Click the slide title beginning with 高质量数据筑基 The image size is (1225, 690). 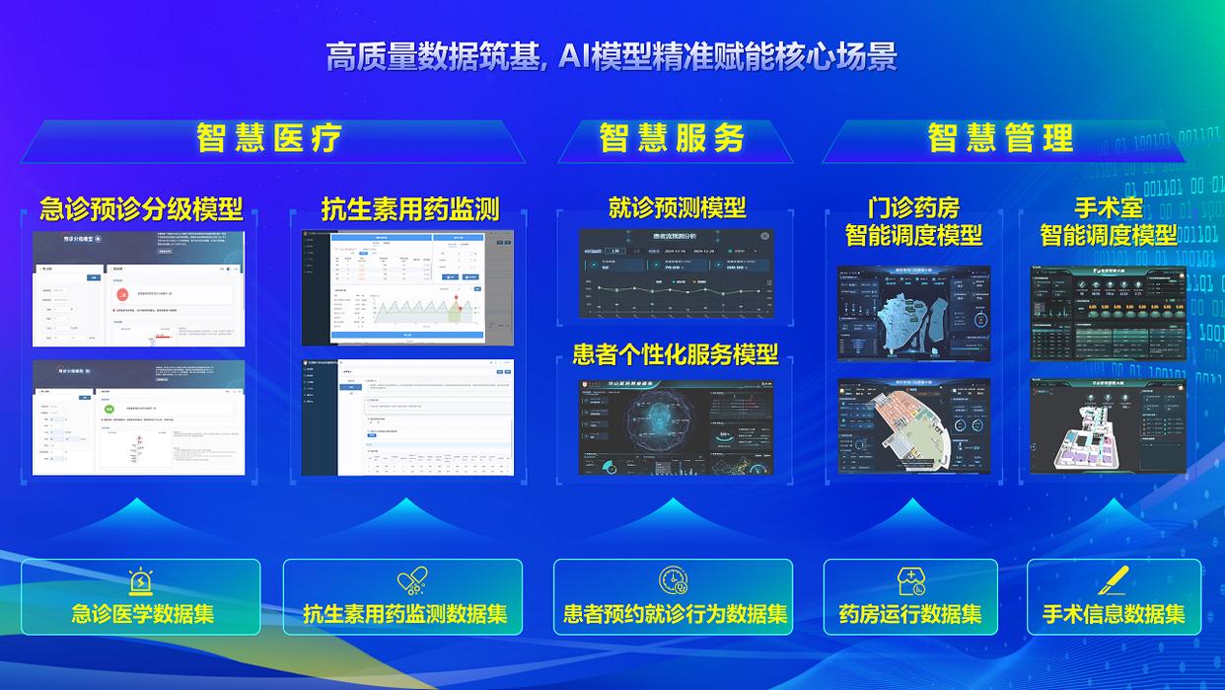click(x=612, y=56)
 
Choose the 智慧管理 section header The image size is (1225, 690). click(x=1000, y=138)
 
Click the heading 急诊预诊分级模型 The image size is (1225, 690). click(x=141, y=208)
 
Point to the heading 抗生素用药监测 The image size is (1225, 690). click(x=410, y=208)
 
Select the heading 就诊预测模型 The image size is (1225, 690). click(x=677, y=207)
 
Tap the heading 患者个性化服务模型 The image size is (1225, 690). click(x=676, y=353)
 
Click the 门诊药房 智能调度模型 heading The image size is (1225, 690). click(x=913, y=221)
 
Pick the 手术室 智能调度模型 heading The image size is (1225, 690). click(x=1108, y=221)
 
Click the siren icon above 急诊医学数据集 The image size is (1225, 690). click(x=141, y=581)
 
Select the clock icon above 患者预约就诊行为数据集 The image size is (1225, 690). click(x=674, y=580)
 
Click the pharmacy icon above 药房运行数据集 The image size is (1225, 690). click(x=910, y=581)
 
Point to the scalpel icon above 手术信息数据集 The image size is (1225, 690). click(x=1114, y=580)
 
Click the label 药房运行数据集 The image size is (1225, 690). click(x=910, y=614)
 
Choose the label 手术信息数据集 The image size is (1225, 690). click(x=1114, y=614)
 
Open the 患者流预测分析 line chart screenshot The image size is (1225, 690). click(x=677, y=273)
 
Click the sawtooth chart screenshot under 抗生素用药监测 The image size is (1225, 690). click(x=407, y=287)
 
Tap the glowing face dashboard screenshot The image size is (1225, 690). click(x=677, y=426)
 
